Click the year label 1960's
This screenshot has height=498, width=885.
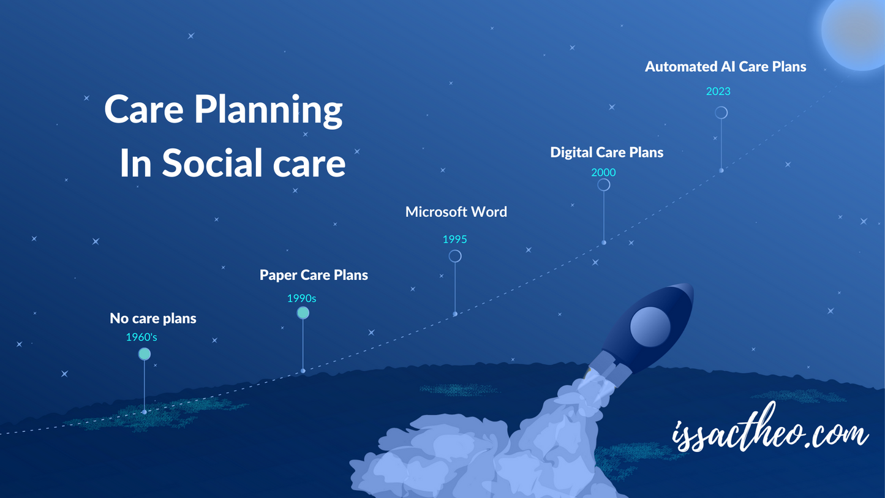pos(141,337)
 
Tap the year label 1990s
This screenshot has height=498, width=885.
pos(301,299)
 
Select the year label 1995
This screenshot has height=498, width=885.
pos(454,240)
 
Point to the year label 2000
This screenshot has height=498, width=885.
pos(603,173)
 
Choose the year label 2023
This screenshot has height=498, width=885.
pos(718,92)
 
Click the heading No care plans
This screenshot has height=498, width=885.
pos(153,319)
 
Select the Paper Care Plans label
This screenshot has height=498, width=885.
pos(314,276)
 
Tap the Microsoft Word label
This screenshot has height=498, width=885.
pos(456,212)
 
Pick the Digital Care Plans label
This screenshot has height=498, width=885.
pos(606,153)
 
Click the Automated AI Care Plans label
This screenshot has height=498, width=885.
pos(725,67)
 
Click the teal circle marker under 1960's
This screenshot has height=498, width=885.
pos(145,354)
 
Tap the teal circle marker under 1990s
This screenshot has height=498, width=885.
pos(303,313)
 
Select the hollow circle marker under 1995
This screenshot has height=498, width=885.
pos(455,256)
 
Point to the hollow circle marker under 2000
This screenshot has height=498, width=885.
pos(604,185)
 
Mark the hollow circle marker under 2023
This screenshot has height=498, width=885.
pos(721,113)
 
